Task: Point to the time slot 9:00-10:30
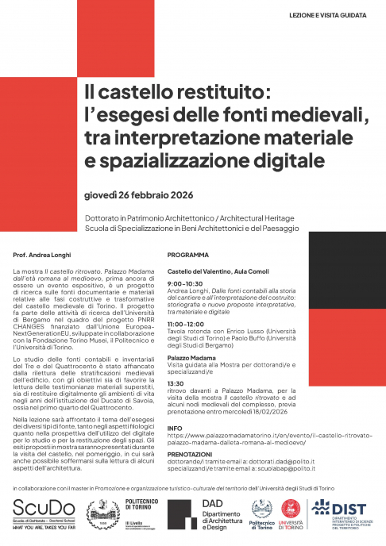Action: pyautogui.click(x=187, y=283)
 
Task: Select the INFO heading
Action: pyautogui.click(x=175, y=429)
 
